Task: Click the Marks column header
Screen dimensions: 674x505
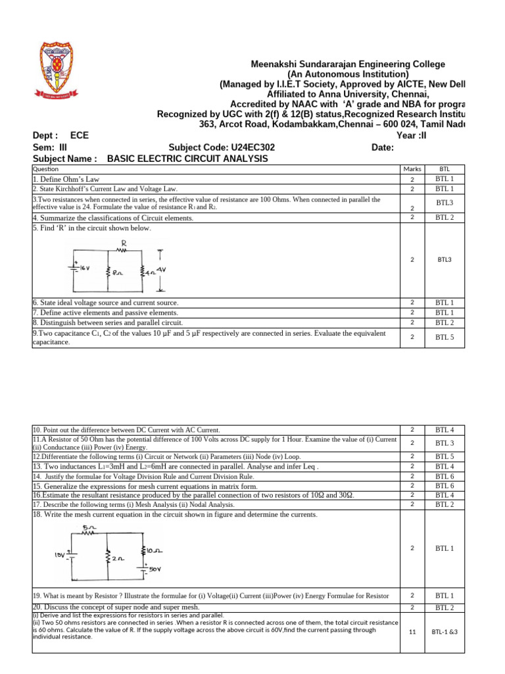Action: point(412,169)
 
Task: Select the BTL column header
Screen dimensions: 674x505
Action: point(445,169)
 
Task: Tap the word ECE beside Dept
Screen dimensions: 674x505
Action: point(80,136)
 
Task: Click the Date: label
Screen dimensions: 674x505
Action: point(383,147)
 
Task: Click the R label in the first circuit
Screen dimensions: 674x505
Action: point(123,243)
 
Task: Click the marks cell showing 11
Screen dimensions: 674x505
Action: point(412,631)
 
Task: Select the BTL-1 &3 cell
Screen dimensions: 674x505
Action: point(445,631)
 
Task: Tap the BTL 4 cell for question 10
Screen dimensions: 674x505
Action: point(445,429)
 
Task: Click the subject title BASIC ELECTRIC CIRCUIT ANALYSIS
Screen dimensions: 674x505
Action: point(187,159)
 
